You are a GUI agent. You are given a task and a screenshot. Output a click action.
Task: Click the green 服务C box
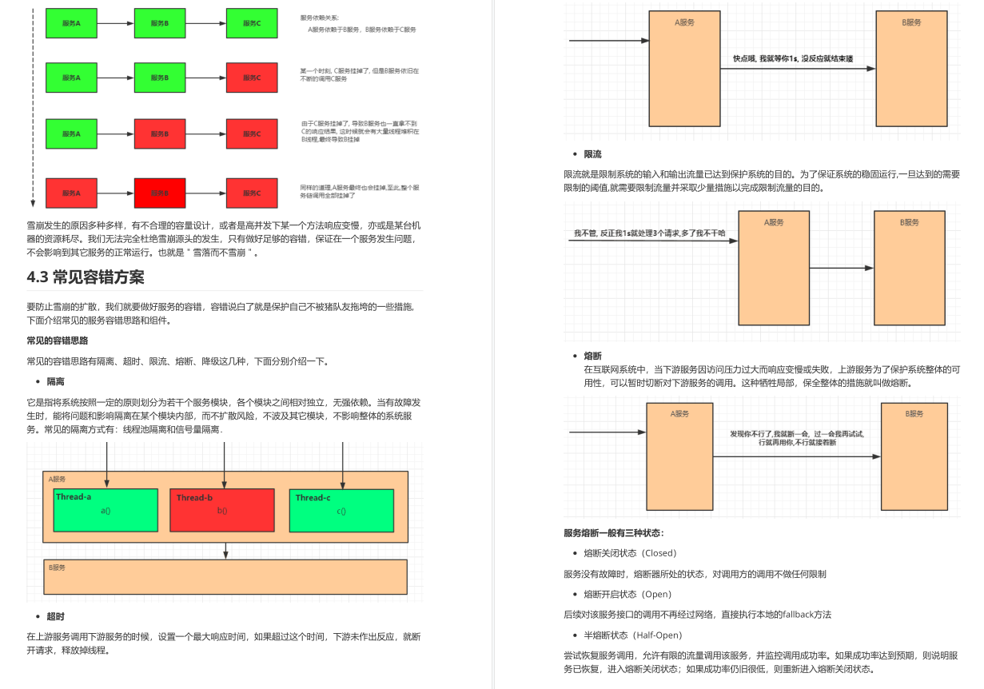click(x=252, y=23)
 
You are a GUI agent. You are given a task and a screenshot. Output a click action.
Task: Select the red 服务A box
click(x=71, y=193)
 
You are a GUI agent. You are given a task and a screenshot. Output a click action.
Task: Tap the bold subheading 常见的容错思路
click(x=57, y=341)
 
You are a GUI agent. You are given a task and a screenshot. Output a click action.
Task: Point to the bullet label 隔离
click(x=55, y=382)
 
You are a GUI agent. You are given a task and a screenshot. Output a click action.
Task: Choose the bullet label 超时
click(x=55, y=617)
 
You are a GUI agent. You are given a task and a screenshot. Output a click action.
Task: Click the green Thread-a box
click(x=106, y=510)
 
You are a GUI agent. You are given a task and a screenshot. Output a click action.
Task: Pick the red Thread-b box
click(x=222, y=510)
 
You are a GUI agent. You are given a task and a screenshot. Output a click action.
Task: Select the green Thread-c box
click(x=341, y=510)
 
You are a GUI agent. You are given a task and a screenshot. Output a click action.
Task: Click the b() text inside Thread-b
click(x=222, y=511)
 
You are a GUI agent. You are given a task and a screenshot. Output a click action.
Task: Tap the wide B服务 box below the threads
click(x=225, y=576)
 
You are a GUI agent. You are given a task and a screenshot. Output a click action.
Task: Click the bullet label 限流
click(x=592, y=154)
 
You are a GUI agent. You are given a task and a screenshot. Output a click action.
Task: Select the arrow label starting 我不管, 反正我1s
click(x=649, y=233)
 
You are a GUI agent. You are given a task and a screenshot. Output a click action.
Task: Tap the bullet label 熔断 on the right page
click(x=592, y=356)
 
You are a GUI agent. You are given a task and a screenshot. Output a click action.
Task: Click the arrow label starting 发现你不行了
click(x=797, y=437)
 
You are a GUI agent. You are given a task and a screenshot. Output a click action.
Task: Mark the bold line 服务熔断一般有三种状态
click(x=613, y=533)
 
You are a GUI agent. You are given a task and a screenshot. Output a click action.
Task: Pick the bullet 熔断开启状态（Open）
click(x=627, y=595)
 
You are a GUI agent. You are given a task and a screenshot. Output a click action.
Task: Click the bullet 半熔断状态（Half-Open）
click(x=632, y=635)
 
